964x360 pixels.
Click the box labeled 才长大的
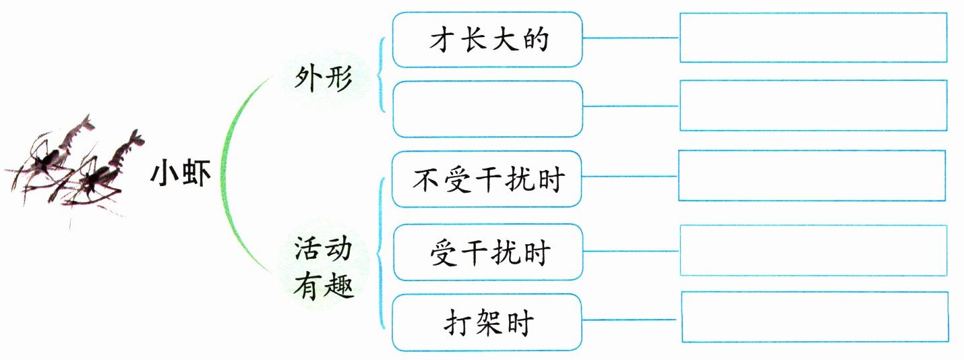click(487, 40)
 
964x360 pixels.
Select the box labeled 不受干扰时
click(487, 179)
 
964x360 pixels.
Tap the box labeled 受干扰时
click(487, 253)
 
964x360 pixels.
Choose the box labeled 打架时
click(487, 323)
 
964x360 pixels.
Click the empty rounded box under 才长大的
click(487, 109)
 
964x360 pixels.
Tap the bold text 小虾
click(180, 177)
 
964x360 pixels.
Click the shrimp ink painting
click(74, 169)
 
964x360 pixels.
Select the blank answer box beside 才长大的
click(813, 38)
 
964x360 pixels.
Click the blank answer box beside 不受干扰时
click(812, 176)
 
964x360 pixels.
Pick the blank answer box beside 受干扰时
click(813, 250)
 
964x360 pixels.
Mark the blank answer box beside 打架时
click(814, 318)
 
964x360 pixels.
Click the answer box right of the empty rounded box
click(813, 105)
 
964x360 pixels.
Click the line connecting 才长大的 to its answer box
click(631, 38)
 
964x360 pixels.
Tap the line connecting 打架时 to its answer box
click(631, 320)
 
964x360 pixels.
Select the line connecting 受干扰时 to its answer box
click(631, 251)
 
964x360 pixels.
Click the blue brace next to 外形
click(383, 74)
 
